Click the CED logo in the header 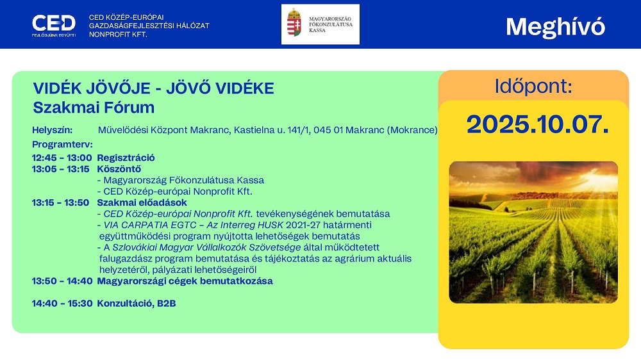pos(54,26)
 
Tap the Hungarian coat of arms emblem pos(294,23)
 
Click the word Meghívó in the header pos(555,27)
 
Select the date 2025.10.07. pos(538,124)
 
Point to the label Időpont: pos(533,86)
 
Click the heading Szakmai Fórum pos(94,108)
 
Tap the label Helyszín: pos(53,130)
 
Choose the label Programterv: pos(63,144)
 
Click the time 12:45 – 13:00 pos(62,158)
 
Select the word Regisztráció pos(126,158)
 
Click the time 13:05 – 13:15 pos(60,169)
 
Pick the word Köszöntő pos(119,168)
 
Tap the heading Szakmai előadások pos(142,202)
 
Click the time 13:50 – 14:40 pos(63,281)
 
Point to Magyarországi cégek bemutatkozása pos(185,281)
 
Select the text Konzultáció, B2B pos(137,304)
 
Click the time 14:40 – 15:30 pos(63,304)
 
